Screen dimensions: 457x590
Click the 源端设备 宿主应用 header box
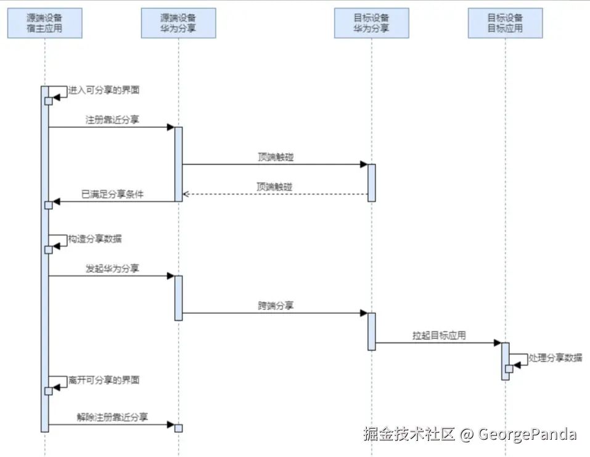[x=45, y=23]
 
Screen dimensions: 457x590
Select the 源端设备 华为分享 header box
[x=178, y=23]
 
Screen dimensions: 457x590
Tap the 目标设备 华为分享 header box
[x=371, y=23]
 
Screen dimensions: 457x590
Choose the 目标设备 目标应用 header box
[x=505, y=23]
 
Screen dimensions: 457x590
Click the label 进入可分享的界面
[x=104, y=90]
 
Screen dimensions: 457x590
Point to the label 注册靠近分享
[x=112, y=120]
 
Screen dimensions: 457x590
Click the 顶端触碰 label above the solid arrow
[x=276, y=157]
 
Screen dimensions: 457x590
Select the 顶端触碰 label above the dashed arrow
[x=276, y=187]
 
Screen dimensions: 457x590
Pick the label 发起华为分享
[x=112, y=268]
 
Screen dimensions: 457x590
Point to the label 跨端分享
[x=276, y=305]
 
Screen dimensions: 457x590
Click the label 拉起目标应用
[x=439, y=335]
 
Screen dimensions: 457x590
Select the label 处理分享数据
[x=555, y=358]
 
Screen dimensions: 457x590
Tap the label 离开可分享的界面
[x=104, y=380]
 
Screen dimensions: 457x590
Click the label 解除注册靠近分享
[x=112, y=417]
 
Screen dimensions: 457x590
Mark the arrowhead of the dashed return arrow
[x=186, y=194]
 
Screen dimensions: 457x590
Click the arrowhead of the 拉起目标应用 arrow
[x=497, y=343]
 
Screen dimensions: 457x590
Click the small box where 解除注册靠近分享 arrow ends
[x=179, y=428]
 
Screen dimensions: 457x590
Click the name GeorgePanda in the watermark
[x=527, y=434]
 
